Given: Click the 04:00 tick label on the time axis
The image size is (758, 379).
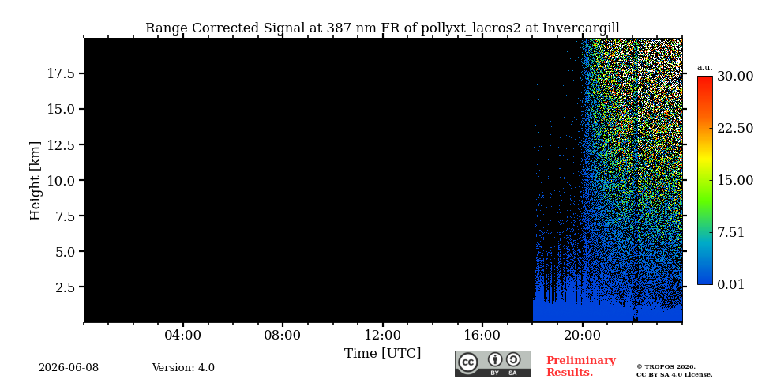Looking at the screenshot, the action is click(x=183, y=336).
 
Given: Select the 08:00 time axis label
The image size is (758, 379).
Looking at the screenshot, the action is click(x=283, y=336).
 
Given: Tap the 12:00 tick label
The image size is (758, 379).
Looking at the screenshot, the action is click(x=383, y=336).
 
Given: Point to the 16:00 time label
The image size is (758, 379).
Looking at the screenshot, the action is click(x=482, y=336).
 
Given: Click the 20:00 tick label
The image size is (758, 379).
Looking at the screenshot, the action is click(x=583, y=336).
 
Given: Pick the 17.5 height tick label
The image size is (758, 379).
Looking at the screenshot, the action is click(x=61, y=73).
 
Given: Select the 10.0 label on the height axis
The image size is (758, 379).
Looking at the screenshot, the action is click(x=61, y=180).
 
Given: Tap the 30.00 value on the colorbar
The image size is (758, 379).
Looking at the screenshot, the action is click(x=735, y=77).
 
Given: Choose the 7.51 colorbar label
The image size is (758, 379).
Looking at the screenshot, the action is click(x=731, y=232).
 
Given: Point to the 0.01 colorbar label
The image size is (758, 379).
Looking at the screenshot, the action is click(x=731, y=284).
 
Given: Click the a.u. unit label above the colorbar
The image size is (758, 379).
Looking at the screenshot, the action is click(x=705, y=68).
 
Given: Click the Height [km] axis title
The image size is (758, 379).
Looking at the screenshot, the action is click(x=36, y=181).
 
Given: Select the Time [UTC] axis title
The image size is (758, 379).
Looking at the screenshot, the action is click(x=382, y=354).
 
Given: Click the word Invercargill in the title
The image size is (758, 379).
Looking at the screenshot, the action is click(x=580, y=28).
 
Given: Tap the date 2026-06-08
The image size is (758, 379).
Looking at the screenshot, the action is click(x=69, y=368).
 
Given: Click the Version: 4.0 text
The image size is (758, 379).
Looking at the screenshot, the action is click(x=183, y=368).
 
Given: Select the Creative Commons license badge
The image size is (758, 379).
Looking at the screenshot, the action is click(x=493, y=363).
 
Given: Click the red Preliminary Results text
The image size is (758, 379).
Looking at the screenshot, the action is click(x=581, y=366).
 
